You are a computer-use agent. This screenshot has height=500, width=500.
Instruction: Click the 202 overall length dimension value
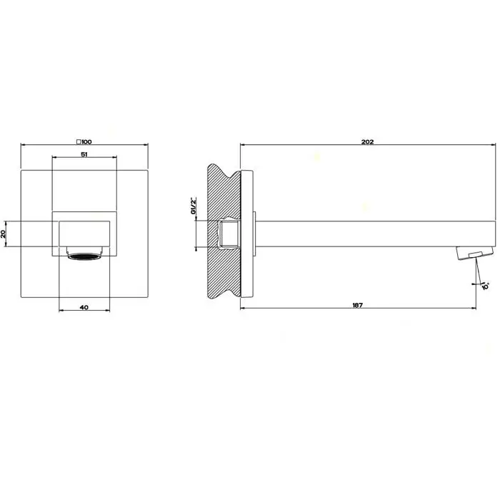pyautogui.click(x=367, y=141)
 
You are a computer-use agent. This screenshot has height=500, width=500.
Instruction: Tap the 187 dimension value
pyautogui.click(x=357, y=305)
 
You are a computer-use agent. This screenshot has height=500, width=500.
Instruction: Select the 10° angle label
pyautogui.click(x=485, y=286)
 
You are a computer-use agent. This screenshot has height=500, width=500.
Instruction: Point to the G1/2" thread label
pyautogui.click(x=194, y=206)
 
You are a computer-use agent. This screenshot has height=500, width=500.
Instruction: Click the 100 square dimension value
pyautogui.click(x=86, y=142)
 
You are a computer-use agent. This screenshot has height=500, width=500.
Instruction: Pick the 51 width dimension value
pyautogui.click(x=84, y=154)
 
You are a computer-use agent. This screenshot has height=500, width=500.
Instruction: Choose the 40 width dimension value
pyautogui.click(x=84, y=307)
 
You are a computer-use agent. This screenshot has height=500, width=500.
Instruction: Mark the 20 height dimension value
pyautogui.click(x=4, y=234)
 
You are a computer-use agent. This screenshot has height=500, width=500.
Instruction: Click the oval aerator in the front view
pyautogui.click(x=84, y=256)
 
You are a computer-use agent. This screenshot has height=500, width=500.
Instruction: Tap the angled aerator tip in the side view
pyautogui.click(x=475, y=253)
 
